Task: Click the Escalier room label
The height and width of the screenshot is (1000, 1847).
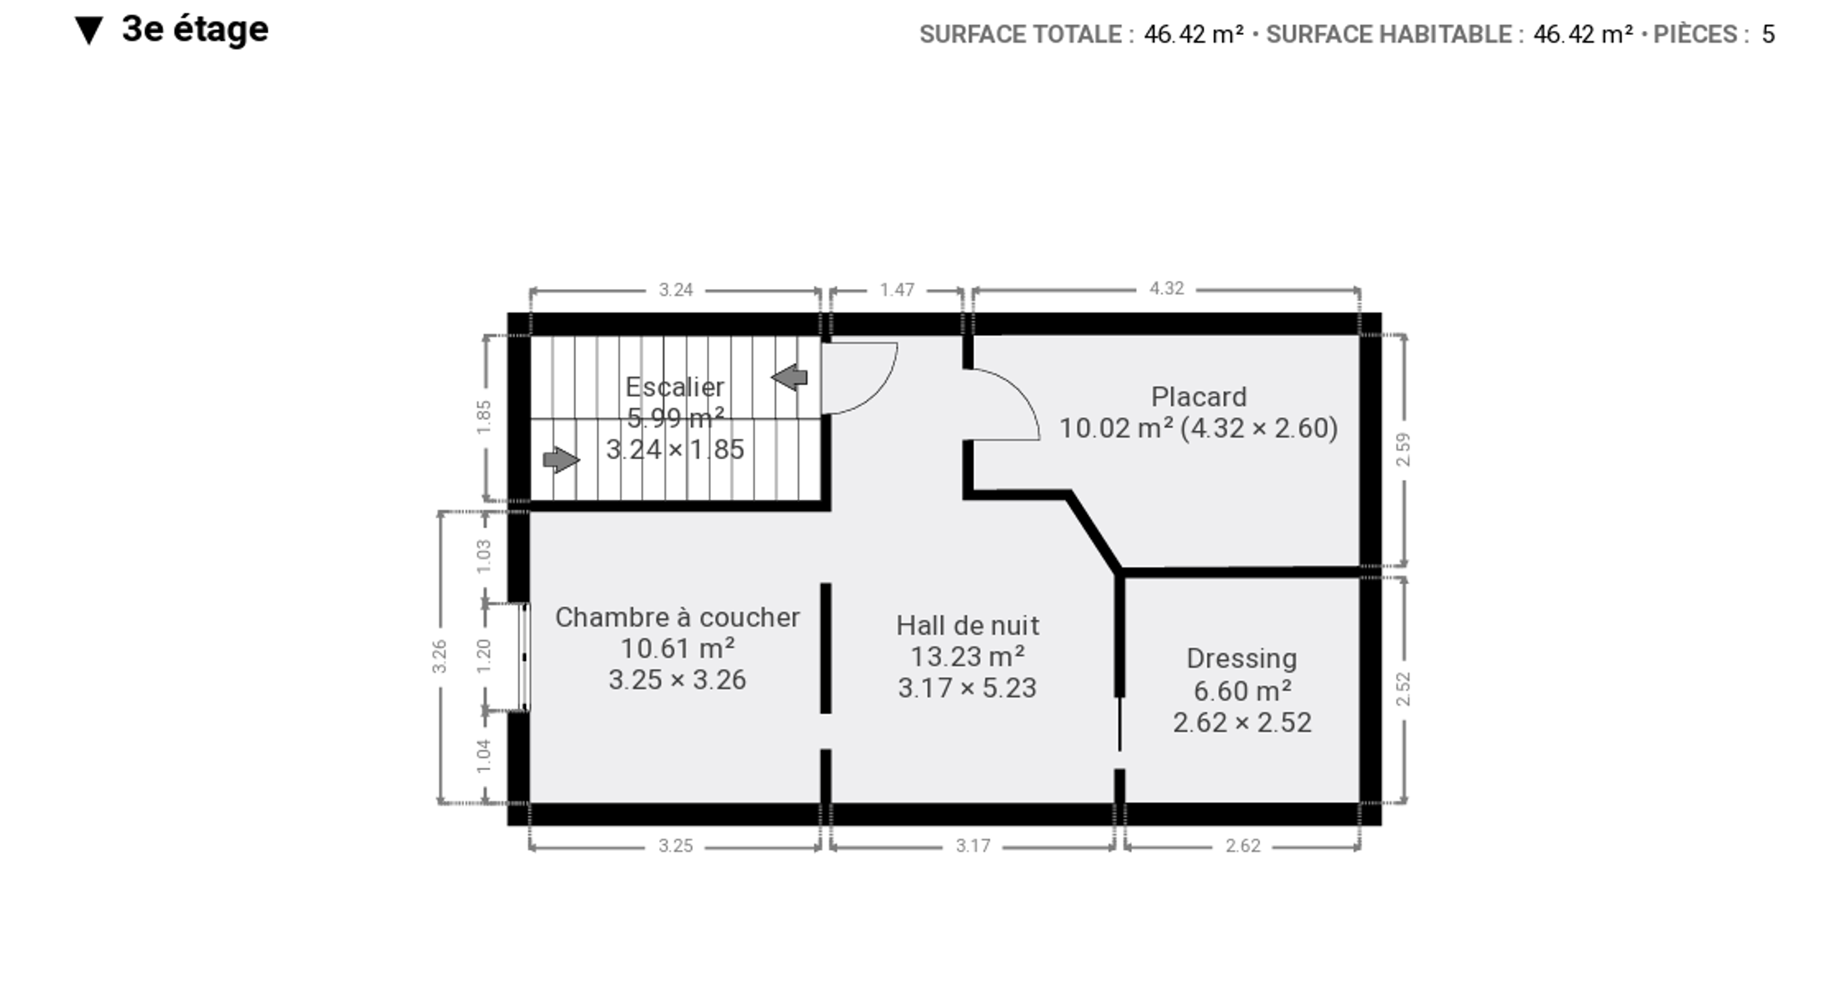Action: (674, 387)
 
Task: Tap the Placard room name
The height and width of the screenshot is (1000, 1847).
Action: (1199, 397)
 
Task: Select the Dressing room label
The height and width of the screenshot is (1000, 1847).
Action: (1241, 658)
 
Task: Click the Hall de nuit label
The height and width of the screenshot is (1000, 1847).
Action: (968, 625)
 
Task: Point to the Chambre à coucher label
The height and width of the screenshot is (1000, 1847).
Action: (677, 617)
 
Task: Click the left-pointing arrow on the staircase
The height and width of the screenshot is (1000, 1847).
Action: (789, 377)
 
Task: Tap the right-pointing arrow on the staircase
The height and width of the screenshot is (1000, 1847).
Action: (561, 459)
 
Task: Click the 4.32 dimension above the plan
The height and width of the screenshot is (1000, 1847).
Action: (1166, 288)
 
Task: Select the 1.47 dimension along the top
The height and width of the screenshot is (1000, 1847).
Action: (897, 290)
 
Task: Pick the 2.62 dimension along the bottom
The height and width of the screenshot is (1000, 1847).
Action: (1242, 846)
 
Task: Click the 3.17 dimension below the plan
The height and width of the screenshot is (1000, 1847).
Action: (973, 846)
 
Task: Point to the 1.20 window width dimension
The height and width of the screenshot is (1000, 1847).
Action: (483, 655)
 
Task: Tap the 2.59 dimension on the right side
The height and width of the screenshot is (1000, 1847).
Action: (1404, 449)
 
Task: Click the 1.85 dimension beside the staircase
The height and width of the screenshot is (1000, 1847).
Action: (483, 417)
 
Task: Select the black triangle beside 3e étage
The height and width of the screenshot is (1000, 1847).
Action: (88, 31)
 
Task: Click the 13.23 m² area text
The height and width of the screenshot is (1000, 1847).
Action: (968, 657)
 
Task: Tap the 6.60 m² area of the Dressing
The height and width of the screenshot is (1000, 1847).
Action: (1242, 691)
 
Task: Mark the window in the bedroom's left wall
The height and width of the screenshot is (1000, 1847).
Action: (524, 657)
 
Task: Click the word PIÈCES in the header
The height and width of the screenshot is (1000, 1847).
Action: (1695, 34)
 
